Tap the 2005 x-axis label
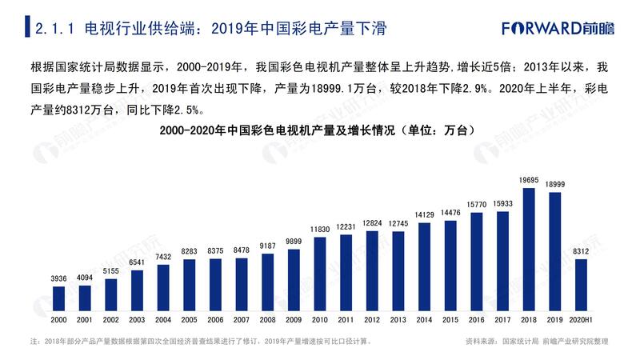point(190,319)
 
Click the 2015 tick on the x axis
point(450,319)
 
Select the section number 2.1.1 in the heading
point(55,30)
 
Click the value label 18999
point(554,185)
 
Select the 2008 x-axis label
point(268,319)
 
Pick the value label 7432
point(163,257)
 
